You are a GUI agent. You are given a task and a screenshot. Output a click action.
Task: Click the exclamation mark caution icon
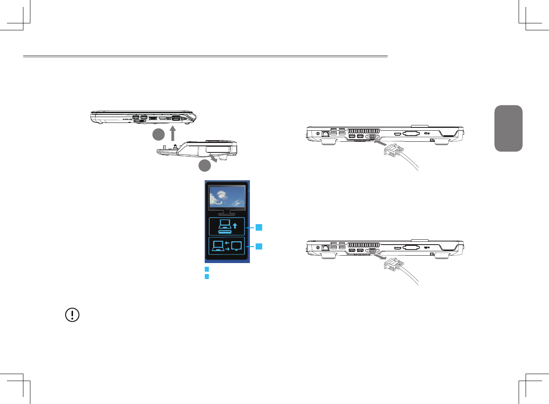click(x=73, y=315)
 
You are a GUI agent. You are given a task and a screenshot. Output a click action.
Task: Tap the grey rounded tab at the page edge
click(x=508, y=128)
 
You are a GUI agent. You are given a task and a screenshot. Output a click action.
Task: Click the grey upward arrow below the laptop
click(x=173, y=133)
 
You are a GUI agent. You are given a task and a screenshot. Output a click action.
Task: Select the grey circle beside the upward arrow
click(x=158, y=134)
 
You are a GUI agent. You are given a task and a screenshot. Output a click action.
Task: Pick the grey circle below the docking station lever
click(x=205, y=166)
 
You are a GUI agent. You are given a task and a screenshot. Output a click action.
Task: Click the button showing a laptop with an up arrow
click(x=227, y=226)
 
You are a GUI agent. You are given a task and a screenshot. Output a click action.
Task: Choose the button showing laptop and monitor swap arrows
click(x=227, y=246)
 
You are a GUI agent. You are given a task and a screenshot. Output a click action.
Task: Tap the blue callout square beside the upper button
click(x=259, y=227)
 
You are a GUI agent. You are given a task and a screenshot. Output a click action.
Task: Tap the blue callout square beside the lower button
click(x=259, y=246)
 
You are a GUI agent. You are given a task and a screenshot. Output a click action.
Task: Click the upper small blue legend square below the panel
click(x=207, y=269)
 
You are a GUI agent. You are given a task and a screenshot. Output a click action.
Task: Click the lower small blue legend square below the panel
click(x=207, y=277)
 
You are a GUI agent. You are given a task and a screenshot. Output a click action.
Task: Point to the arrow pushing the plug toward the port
click(x=380, y=144)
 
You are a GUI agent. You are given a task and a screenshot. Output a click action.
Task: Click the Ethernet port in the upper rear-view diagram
click(x=325, y=134)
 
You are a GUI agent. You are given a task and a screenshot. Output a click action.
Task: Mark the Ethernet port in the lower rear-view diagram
click(x=325, y=248)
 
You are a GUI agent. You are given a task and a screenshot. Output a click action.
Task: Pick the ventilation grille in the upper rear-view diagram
click(x=364, y=131)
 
